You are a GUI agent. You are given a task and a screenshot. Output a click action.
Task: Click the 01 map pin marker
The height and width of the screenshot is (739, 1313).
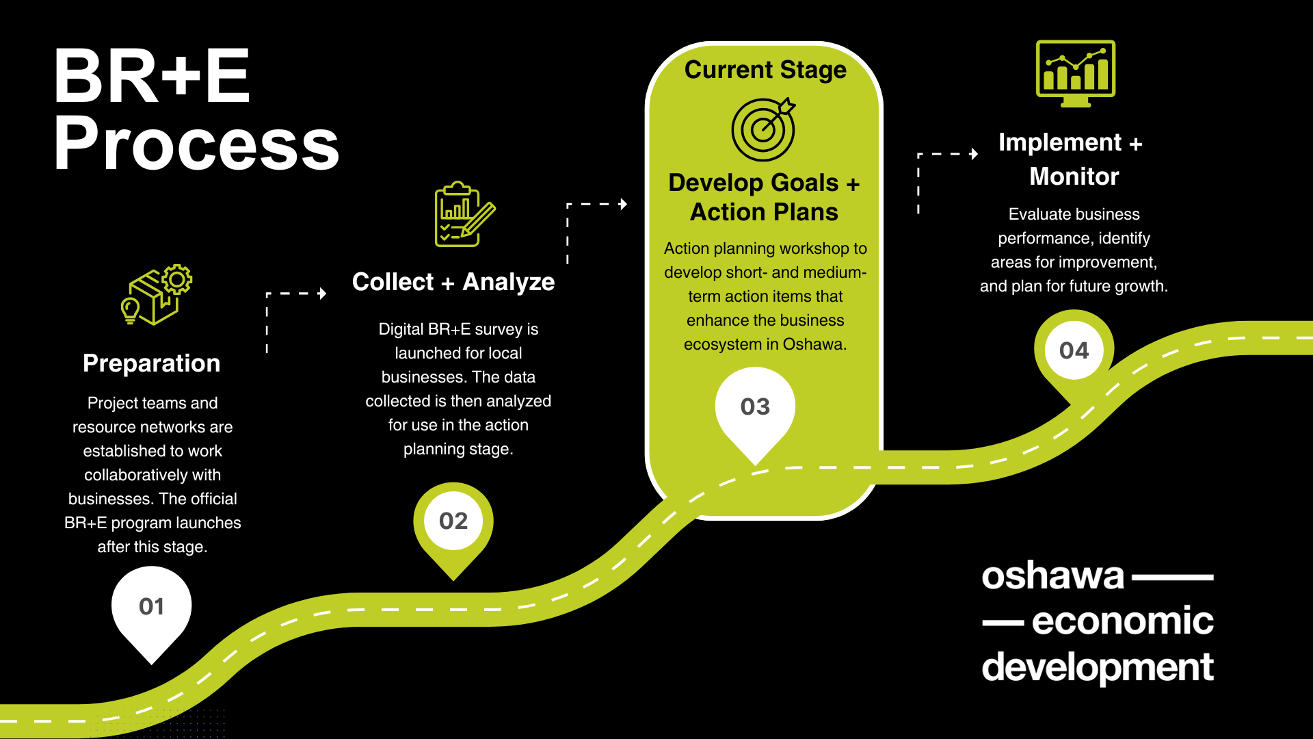151,607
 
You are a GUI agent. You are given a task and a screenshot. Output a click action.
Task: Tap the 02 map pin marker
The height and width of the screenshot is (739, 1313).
453,521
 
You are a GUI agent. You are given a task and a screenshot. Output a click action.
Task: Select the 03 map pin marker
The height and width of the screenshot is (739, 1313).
755,407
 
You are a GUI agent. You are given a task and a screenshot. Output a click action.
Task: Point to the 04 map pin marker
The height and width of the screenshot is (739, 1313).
1074,351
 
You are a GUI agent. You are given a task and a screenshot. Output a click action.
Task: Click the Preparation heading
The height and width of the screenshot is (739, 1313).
152,363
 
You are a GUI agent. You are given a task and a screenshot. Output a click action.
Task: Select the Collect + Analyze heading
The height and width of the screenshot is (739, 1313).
453,282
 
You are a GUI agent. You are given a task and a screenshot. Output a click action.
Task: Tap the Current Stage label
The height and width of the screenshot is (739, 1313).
765,70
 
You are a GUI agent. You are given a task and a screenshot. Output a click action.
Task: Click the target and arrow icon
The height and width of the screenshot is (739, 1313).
764,129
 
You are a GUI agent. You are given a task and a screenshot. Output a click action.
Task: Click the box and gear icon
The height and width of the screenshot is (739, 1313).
157,295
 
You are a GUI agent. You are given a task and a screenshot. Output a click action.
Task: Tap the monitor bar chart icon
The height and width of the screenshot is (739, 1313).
1076,73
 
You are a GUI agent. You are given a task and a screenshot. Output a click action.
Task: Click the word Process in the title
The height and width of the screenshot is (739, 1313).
197,144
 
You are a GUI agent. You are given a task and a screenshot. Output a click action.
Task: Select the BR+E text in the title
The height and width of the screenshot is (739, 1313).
152,77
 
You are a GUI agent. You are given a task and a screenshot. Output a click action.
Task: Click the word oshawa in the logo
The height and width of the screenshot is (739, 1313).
1053,576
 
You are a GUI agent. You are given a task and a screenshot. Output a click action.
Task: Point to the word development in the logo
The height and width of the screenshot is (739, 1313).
1098,667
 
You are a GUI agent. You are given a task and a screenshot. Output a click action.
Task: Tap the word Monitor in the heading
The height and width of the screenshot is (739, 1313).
1074,177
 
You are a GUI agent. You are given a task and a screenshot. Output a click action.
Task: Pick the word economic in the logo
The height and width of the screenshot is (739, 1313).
1122,621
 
